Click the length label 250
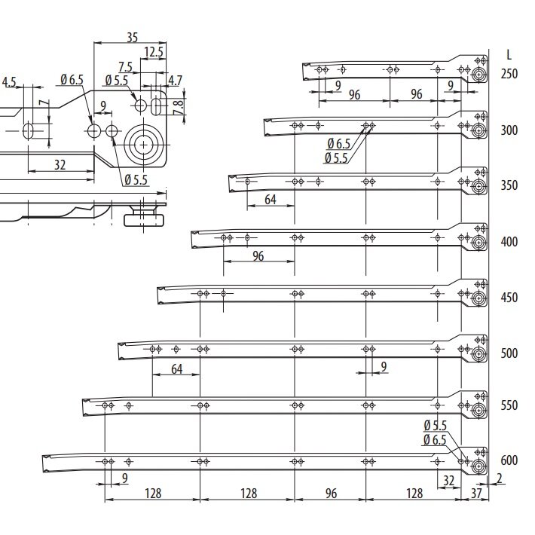point(509,74)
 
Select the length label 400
point(509,242)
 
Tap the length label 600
point(509,460)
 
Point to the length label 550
point(509,405)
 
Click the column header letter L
point(509,54)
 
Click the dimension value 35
point(132,37)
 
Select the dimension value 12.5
point(154,52)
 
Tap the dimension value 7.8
point(178,108)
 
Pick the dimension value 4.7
point(175,81)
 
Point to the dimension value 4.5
point(9,82)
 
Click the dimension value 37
point(476,493)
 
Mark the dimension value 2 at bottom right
point(499,478)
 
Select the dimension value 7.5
point(125,67)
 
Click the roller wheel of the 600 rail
point(478,466)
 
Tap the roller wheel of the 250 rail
point(478,75)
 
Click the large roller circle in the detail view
point(144,145)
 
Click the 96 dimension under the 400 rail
point(258,256)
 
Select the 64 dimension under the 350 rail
point(271,200)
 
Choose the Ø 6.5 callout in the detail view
point(72,80)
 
